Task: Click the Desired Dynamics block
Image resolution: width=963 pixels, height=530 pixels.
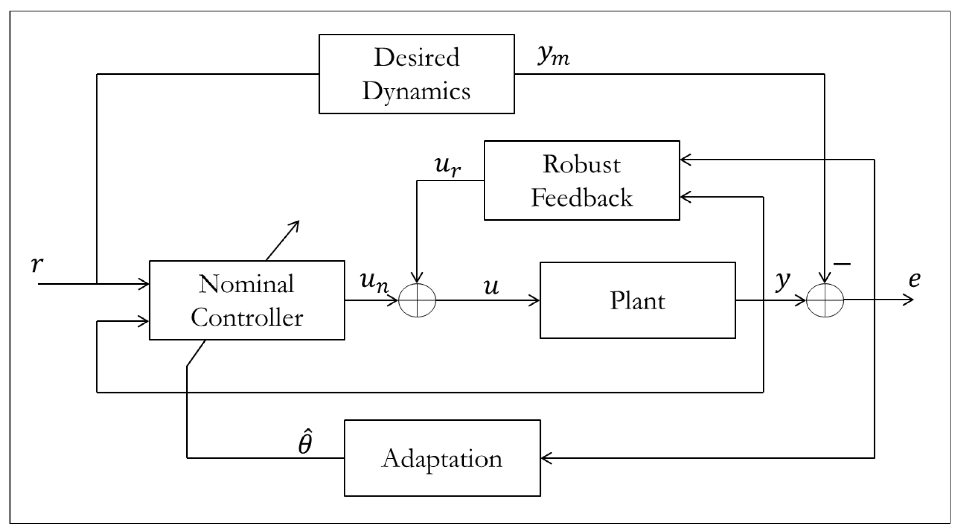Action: pyautogui.click(x=416, y=74)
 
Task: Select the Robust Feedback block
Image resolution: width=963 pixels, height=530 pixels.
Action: pyautogui.click(x=582, y=180)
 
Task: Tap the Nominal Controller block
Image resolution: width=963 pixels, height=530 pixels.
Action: pyautogui.click(x=247, y=300)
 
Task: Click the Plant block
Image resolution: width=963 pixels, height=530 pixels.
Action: pyautogui.click(x=637, y=300)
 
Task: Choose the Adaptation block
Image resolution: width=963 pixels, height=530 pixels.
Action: pyautogui.click(x=442, y=458)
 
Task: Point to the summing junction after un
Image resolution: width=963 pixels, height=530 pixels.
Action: pyautogui.click(x=417, y=300)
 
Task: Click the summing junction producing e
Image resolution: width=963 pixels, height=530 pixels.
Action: pyautogui.click(x=825, y=300)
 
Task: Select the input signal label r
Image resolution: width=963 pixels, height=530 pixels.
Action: pyautogui.click(x=37, y=264)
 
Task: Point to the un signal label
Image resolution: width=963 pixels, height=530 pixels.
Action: pyautogui.click(x=374, y=283)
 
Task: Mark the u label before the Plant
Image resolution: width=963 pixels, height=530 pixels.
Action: pyautogui.click(x=491, y=287)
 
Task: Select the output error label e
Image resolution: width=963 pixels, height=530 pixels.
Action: pyautogui.click(x=914, y=280)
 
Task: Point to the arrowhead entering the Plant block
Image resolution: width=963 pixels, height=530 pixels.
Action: pyautogui.click(x=535, y=301)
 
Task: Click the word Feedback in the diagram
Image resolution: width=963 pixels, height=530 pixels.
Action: pyautogui.click(x=582, y=198)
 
